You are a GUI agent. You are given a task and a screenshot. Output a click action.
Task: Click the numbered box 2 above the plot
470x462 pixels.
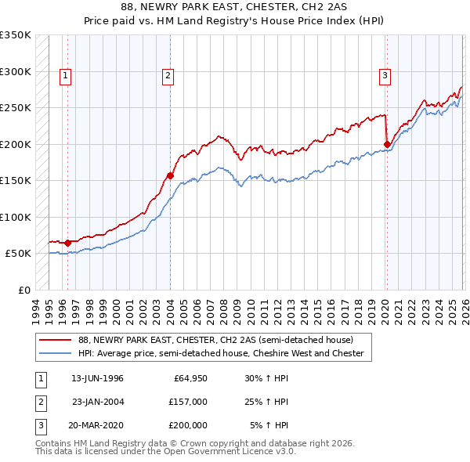pyautogui.click(x=168, y=76)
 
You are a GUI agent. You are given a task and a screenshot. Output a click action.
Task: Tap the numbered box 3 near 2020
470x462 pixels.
pyautogui.click(x=385, y=76)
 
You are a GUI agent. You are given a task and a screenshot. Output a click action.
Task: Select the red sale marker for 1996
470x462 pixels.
pyautogui.click(x=67, y=243)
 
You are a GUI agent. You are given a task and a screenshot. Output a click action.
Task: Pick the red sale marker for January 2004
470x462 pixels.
pyautogui.click(x=170, y=175)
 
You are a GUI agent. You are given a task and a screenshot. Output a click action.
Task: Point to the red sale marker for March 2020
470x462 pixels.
pyautogui.click(x=387, y=144)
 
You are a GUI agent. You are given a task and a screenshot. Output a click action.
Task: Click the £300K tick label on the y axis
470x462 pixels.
pyautogui.click(x=16, y=71)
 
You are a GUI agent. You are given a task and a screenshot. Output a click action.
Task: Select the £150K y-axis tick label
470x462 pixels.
pyautogui.click(x=16, y=181)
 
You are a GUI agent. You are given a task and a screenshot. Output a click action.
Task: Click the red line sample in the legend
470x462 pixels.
pyautogui.click(x=56, y=340)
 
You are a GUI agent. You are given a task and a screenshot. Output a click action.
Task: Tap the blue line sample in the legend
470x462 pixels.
pyautogui.click(x=56, y=353)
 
